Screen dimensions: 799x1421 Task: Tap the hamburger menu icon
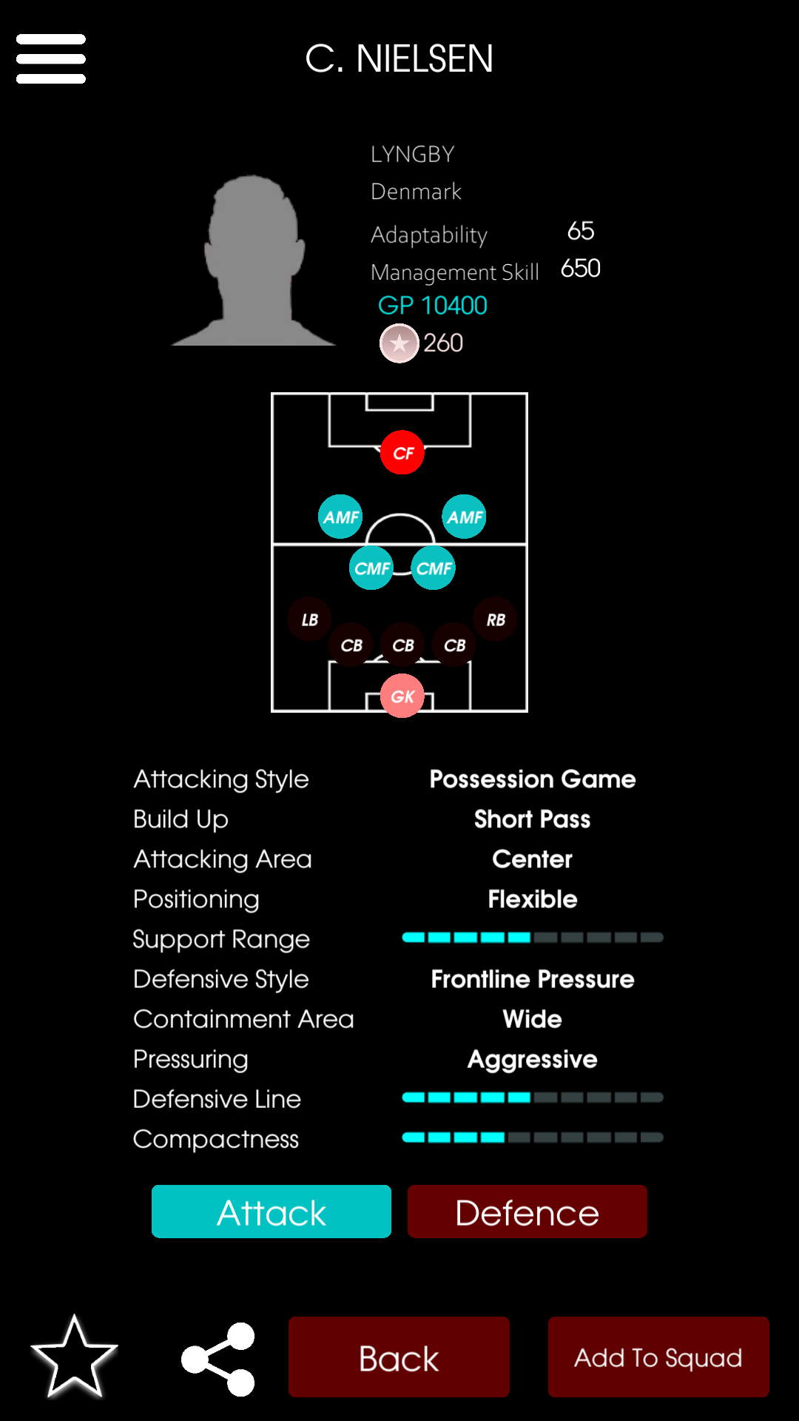51,58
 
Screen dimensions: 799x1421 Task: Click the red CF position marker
402,452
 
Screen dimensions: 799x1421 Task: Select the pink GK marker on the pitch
402,696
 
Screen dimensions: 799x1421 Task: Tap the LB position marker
310,619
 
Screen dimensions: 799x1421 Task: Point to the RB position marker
496,619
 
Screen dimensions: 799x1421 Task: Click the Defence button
527,1212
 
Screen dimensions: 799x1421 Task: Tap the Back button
399,1357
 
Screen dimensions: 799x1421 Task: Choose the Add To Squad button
658,1357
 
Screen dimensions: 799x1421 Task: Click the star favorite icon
75,1357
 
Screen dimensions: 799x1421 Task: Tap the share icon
219,1359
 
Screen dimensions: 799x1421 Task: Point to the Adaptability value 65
581,231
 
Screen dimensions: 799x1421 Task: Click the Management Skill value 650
581,268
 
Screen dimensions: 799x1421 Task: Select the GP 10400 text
433,306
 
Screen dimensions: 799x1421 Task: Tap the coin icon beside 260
399,343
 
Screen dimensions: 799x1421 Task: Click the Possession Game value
533,779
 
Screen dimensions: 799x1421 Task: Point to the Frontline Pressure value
533,979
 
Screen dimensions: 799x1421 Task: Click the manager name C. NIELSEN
399,59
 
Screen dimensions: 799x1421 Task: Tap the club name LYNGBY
413,154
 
